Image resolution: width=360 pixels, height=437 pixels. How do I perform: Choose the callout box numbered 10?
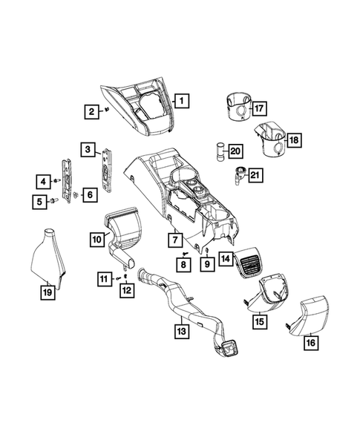coord(96,239)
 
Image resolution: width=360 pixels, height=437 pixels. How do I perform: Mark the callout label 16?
coord(309,342)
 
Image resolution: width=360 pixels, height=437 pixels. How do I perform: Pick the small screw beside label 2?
coord(107,110)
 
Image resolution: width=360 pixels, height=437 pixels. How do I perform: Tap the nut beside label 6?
coord(76,194)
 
